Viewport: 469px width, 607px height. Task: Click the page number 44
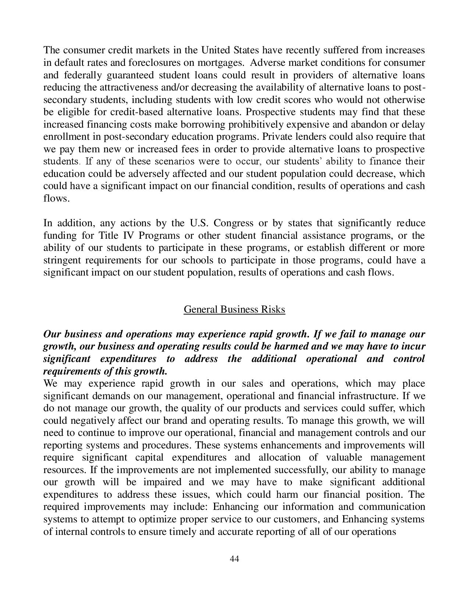[x=234, y=559]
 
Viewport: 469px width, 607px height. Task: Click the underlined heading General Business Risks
[x=234, y=309]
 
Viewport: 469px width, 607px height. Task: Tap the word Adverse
[x=266, y=63]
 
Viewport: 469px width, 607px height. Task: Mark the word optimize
[x=168, y=519]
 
